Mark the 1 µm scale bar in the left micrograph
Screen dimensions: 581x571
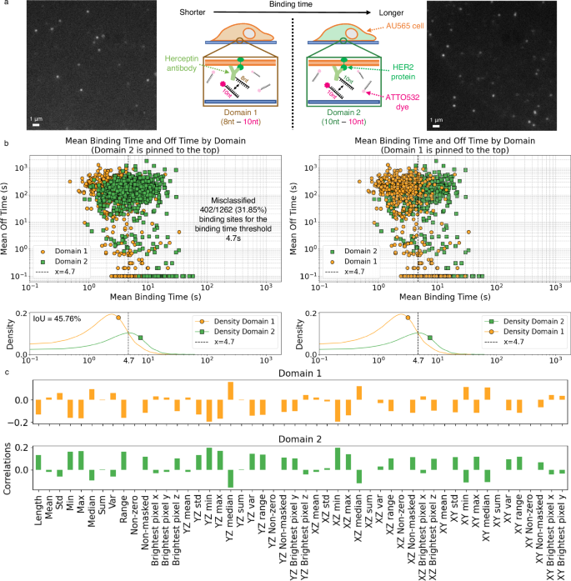point(35,123)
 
